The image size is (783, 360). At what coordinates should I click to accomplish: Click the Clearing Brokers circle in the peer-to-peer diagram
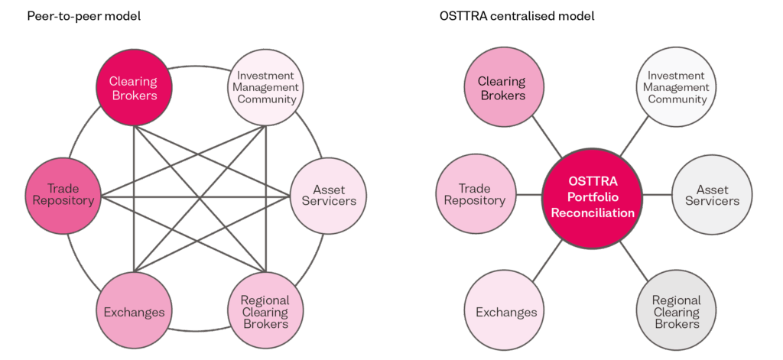pos(133,89)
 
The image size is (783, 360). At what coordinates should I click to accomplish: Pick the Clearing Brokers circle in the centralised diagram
pos(502,89)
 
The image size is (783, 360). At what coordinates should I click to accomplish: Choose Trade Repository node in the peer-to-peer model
pos(63,195)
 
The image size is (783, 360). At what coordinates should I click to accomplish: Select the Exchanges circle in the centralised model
pos(506,312)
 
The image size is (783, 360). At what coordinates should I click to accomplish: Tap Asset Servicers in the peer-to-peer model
pos(330,196)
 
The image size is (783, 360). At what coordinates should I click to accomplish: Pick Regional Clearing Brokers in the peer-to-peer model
pos(265,312)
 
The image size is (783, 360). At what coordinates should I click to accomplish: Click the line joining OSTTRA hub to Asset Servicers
pos(657,196)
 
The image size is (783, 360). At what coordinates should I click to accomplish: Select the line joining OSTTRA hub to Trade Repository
pos(529,195)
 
